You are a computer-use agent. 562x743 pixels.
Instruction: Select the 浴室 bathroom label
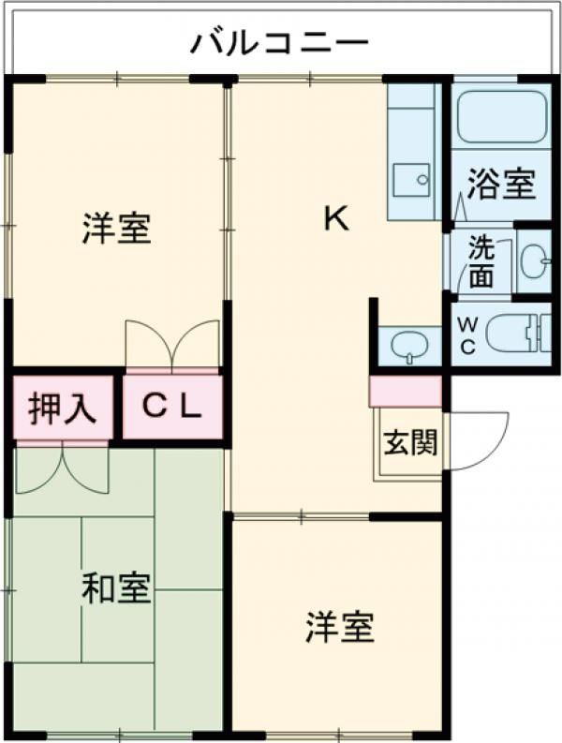501,184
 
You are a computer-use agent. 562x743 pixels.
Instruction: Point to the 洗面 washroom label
481,262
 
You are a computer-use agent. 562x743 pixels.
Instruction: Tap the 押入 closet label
62,409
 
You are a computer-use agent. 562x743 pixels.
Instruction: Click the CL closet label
172,407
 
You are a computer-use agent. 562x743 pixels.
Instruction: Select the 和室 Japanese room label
116,590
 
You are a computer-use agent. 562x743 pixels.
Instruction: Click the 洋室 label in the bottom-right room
339,627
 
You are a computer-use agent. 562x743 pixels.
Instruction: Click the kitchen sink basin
411,179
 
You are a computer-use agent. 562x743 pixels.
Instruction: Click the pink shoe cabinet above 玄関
405,391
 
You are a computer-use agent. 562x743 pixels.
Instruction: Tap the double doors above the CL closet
173,346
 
